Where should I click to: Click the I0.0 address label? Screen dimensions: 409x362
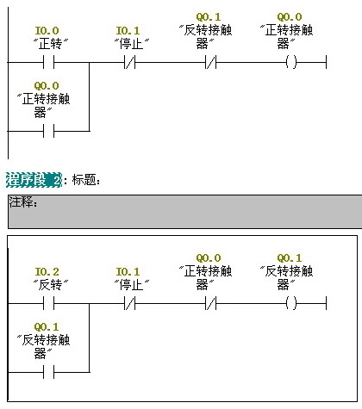coord(47,30)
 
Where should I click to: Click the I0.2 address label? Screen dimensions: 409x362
coord(47,271)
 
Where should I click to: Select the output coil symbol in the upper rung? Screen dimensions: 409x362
coord(290,62)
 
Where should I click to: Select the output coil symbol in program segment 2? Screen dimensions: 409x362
coord(290,303)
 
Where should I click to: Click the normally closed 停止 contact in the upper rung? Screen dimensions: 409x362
coord(128,62)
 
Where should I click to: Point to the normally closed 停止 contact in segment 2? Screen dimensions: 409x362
coord(128,303)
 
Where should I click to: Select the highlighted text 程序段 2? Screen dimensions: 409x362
coord(34,180)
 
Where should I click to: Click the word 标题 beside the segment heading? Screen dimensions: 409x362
coord(84,180)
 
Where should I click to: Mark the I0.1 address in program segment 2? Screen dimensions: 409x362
coord(128,271)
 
